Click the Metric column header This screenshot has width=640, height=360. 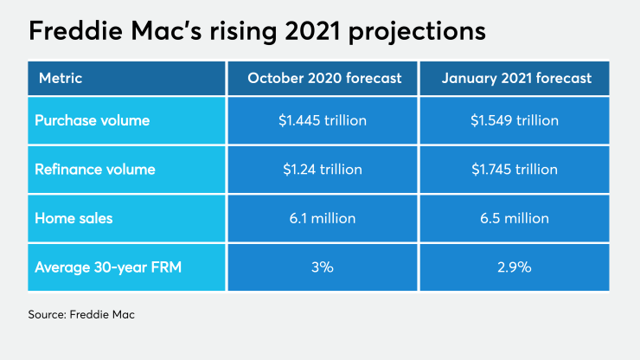click(x=60, y=79)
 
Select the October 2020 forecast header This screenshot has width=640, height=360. click(x=324, y=79)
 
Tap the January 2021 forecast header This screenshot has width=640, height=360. click(x=516, y=79)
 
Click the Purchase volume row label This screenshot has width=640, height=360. click(x=92, y=121)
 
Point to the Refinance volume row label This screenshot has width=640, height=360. click(x=94, y=170)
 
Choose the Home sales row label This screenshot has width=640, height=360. click(x=74, y=218)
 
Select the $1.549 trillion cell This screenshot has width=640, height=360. click(x=516, y=121)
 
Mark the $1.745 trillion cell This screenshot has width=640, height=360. click(x=516, y=170)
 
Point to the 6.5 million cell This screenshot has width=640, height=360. click(x=516, y=218)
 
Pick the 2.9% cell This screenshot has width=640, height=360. click(x=516, y=267)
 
